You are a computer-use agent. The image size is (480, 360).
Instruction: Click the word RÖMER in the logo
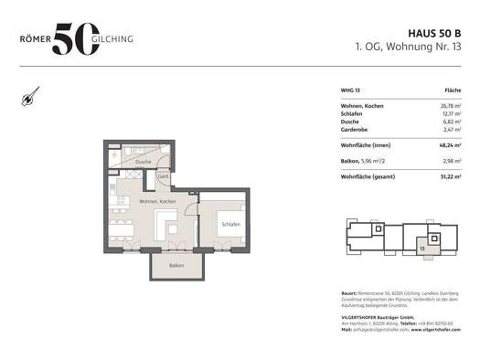point(35,40)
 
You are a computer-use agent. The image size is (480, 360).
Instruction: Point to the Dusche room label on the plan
point(144,163)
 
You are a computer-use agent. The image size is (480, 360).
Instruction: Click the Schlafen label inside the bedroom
point(230,224)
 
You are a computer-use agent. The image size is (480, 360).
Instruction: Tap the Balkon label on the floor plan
point(175,266)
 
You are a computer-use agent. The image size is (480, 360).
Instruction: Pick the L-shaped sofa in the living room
point(169,225)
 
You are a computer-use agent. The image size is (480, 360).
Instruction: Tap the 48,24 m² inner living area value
point(450,145)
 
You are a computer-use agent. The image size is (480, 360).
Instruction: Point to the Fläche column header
point(453,90)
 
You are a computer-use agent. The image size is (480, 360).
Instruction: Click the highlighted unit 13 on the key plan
point(422,247)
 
